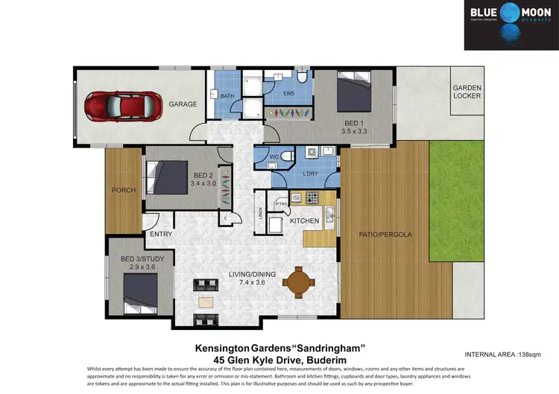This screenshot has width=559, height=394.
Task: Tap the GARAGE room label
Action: tap(183, 104)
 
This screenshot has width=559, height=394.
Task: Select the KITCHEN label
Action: tap(304, 220)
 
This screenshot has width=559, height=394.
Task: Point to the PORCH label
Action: tap(124, 190)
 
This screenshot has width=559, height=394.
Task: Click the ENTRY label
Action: tap(161, 234)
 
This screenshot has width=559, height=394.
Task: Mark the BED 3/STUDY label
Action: tap(148, 259)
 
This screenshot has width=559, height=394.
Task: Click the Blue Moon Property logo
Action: tap(511, 25)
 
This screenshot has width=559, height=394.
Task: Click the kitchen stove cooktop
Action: tap(312, 198)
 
